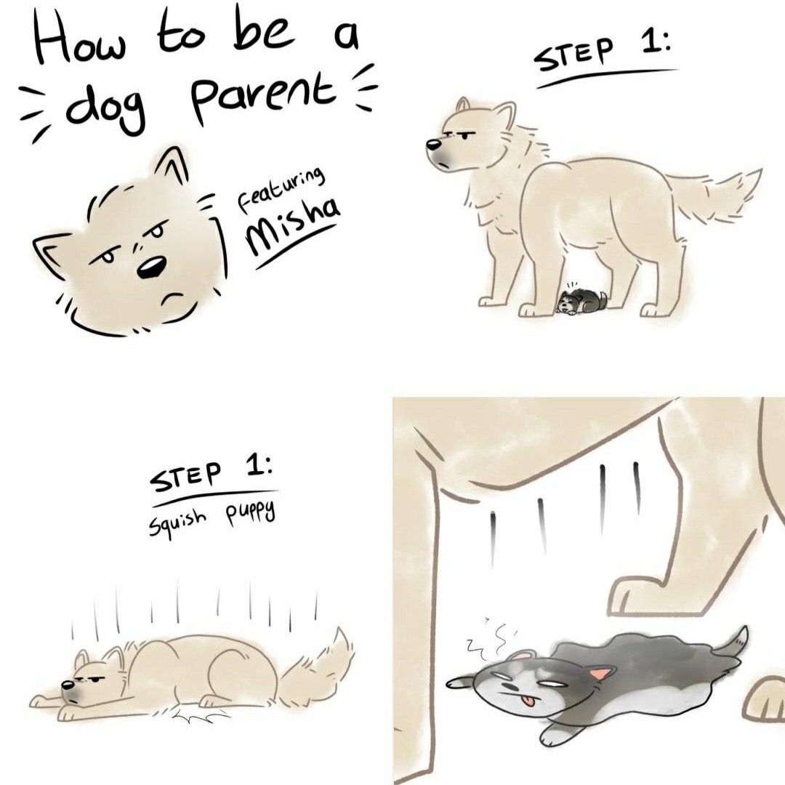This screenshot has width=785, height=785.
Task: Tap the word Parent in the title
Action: pos(263,94)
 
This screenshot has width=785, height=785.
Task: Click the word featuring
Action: pos(281,188)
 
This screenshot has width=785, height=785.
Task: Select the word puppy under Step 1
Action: pos(250,512)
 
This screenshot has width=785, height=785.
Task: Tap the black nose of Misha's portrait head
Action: pos(150,267)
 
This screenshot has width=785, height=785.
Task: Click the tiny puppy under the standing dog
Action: pos(581,301)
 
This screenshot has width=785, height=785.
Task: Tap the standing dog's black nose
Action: pos(433,145)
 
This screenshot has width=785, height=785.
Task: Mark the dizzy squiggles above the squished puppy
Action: pos(488,638)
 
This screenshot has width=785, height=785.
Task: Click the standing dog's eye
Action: pos(464,136)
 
